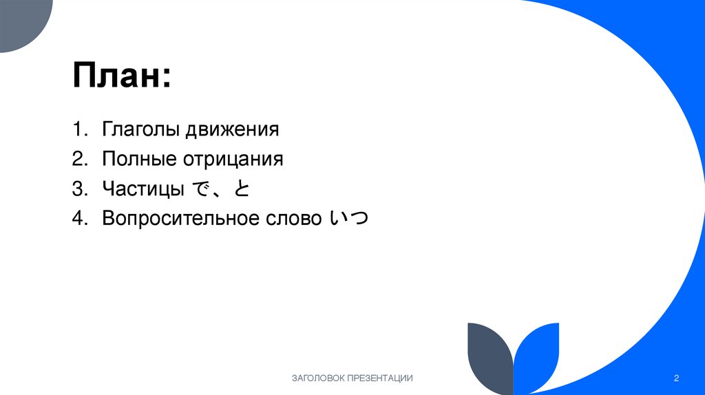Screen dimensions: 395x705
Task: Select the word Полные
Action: point(138,159)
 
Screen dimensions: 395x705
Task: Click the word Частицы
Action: point(143,189)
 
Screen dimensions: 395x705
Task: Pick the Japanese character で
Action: point(200,188)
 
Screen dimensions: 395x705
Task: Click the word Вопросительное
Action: point(180,218)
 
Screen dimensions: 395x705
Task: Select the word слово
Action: point(293,218)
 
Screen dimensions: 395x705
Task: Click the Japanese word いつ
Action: point(349,218)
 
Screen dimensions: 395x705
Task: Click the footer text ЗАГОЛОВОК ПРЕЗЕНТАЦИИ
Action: point(352,378)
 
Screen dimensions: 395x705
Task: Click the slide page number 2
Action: point(677,378)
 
